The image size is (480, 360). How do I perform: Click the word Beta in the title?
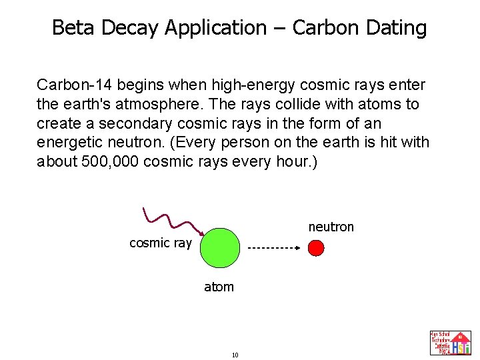(70, 28)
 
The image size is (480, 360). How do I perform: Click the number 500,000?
(110, 162)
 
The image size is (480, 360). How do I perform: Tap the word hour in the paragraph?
(293, 162)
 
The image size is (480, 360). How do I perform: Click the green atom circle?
(220, 247)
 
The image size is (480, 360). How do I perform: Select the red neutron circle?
(316, 248)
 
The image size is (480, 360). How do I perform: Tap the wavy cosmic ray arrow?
(173, 221)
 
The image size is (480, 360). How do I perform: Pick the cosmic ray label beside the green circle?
(160, 243)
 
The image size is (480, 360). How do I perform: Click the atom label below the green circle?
(219, 287)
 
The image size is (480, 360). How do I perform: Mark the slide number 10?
(235, 355)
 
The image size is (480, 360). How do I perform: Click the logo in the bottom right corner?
(451, 343)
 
